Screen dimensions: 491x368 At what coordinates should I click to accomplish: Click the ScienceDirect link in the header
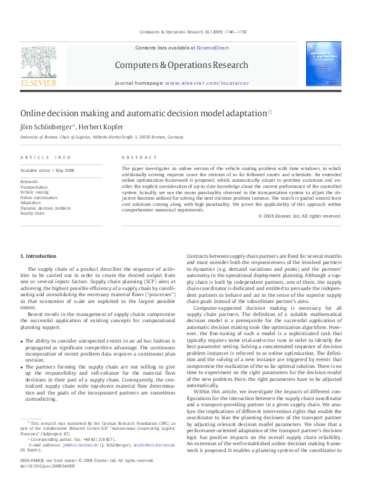point(212,48)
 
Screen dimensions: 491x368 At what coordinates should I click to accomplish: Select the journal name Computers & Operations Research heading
point(181,65)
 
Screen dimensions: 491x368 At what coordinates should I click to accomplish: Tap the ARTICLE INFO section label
point(46,158)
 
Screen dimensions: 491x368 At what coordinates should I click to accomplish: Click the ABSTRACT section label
point(134,158)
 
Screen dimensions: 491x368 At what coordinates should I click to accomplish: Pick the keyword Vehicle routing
point(34,192)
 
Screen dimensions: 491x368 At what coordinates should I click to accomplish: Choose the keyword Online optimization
point(38,197)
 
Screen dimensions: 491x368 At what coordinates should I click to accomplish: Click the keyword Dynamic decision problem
point(45,208)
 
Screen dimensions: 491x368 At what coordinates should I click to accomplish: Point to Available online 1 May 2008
point(47,170)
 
